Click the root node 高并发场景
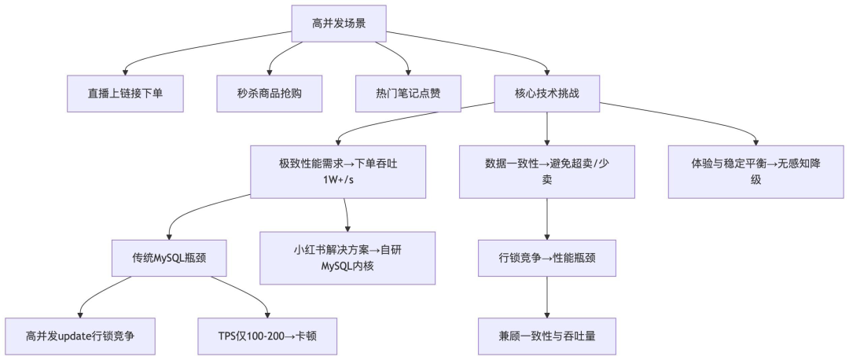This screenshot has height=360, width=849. click(339, 24)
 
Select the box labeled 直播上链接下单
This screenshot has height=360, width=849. click(125, 94)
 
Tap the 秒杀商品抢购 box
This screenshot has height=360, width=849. click(270, 94)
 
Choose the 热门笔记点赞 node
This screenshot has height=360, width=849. click(408, 94)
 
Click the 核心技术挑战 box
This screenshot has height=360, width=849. click(546, 94)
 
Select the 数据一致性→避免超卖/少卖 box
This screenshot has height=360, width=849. click(546, 171)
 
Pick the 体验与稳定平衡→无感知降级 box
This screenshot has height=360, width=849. click(755, 171)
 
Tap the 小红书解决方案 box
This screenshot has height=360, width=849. click(347, 257)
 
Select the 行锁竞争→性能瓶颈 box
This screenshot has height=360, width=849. click(546, 257)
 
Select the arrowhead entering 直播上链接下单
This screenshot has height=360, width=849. click(125, 72)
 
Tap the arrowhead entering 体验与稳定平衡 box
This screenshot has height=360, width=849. click(755, 142)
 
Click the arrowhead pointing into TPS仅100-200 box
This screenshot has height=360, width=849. click(268, 314)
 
